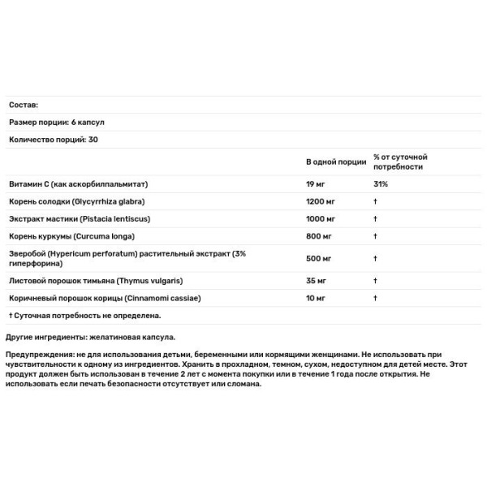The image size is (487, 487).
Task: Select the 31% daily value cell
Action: pyautogui.click(x=381, y=184)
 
